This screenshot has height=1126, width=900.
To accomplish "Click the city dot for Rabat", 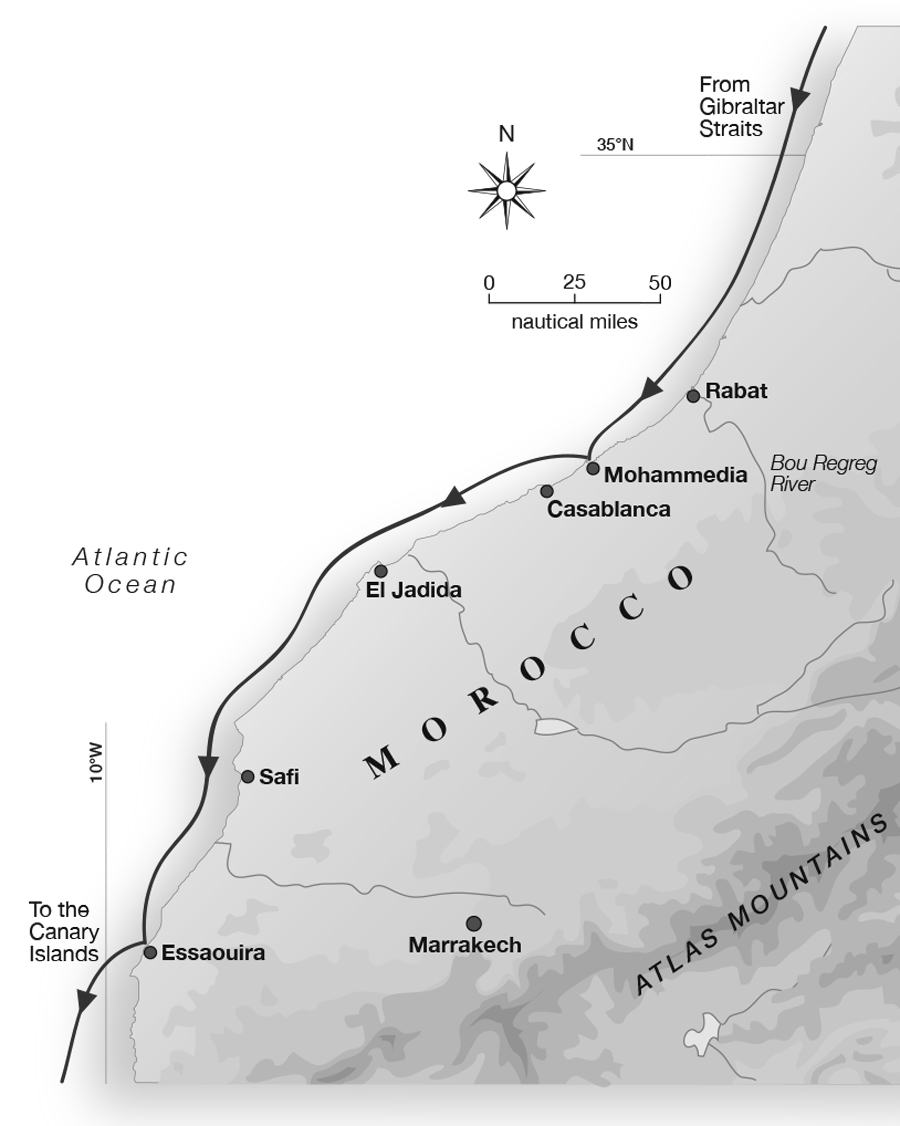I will pos(693,396).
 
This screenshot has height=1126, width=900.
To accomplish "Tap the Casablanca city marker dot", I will pos(547,491).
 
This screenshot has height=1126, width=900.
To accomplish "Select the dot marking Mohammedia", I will pos(593,468).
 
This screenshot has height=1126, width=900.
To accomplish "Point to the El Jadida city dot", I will pos(381,571).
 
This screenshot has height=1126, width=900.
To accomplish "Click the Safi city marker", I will pos(248,776).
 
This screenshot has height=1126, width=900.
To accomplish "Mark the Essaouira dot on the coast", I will pos(150,952).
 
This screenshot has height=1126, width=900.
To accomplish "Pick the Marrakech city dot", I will pos(474,923).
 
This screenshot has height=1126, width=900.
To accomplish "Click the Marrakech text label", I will pos(465,945).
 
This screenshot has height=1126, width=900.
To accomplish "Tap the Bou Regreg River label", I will pos(809,473).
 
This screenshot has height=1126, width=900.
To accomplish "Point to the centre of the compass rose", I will pos(507,190).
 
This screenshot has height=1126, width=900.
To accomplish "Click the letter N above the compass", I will pos(506,134).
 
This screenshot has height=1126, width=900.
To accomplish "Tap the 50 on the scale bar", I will pos(659,283).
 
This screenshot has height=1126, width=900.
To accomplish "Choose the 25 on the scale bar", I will pos(574,283).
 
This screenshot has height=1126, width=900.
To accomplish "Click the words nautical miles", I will pos(574,322).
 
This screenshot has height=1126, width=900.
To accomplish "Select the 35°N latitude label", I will pos(615,145).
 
